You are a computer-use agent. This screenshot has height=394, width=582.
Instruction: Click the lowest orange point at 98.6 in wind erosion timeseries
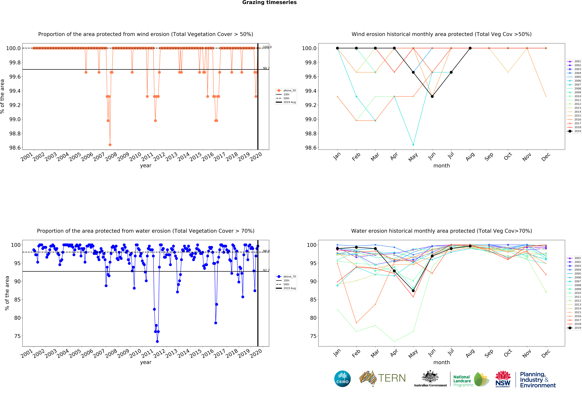point(110,145)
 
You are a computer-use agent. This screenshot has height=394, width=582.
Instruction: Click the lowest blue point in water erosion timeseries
point(157,341)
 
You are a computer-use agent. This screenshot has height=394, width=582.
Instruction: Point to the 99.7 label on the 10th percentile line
point(266,68)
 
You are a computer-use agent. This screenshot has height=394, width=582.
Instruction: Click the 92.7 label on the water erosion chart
point(266,270)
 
